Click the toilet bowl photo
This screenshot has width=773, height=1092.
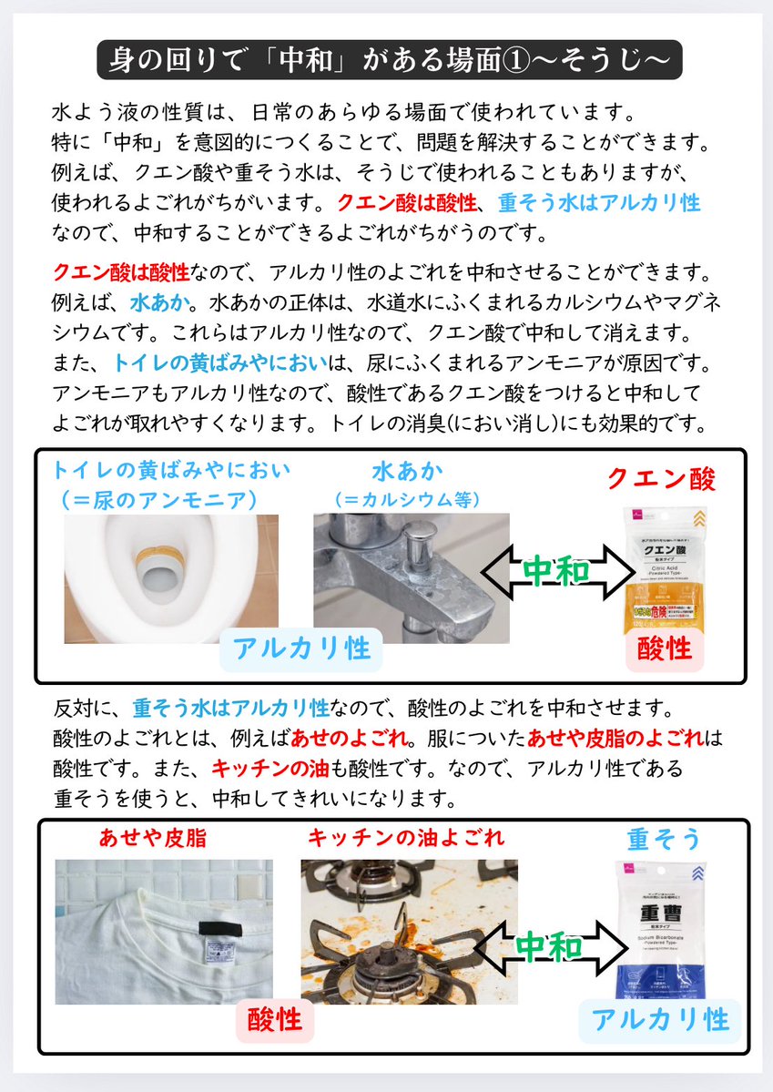(171, 578)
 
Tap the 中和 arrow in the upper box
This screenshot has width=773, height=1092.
(557, 572)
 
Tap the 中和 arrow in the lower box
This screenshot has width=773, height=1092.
(550, 948)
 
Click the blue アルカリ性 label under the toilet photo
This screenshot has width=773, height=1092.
(301, 648)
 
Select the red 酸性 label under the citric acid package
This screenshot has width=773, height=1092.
(665, 649)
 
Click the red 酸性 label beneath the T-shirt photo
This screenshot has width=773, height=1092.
(275, 1018)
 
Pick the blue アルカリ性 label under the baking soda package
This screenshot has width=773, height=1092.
(659, 1020)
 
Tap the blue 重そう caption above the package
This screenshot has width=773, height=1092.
(665, 838)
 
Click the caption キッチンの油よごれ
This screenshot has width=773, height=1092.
(405, 836)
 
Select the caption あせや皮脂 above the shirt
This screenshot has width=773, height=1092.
(153, 836)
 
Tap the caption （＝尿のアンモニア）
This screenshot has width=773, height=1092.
(157, 499)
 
